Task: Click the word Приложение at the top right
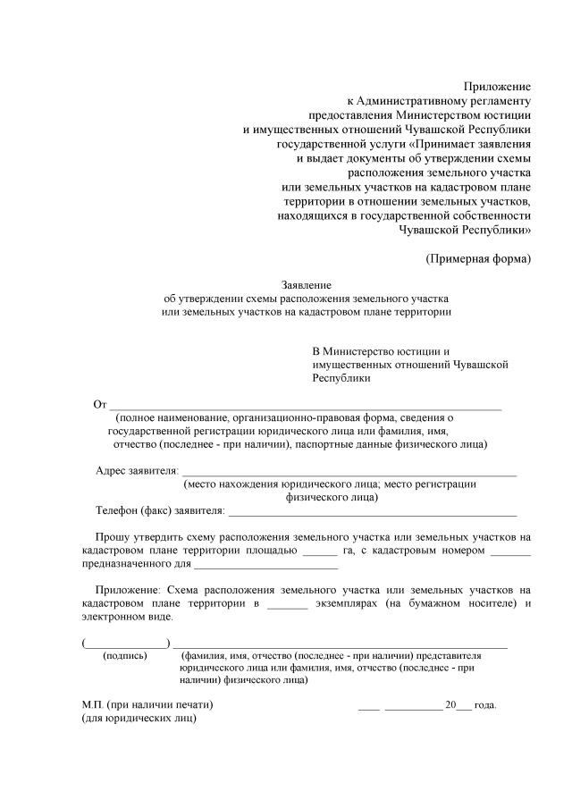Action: tap(497, 86)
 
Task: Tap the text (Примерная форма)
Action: tap(477, 258)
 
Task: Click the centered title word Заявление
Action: tap(307, 284)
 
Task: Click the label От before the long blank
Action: tap(100, 405)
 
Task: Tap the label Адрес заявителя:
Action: tap(137, 470)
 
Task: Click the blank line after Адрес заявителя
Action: tap(349, 472)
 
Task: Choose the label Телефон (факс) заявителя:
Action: tap(161, 510)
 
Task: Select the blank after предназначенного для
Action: tap(266, 567)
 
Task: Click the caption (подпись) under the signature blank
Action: tap(126, 654)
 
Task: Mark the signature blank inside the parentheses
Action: tap(126, 643)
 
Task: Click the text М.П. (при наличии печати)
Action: tap(147, 703)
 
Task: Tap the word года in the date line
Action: tap(485, 703)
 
